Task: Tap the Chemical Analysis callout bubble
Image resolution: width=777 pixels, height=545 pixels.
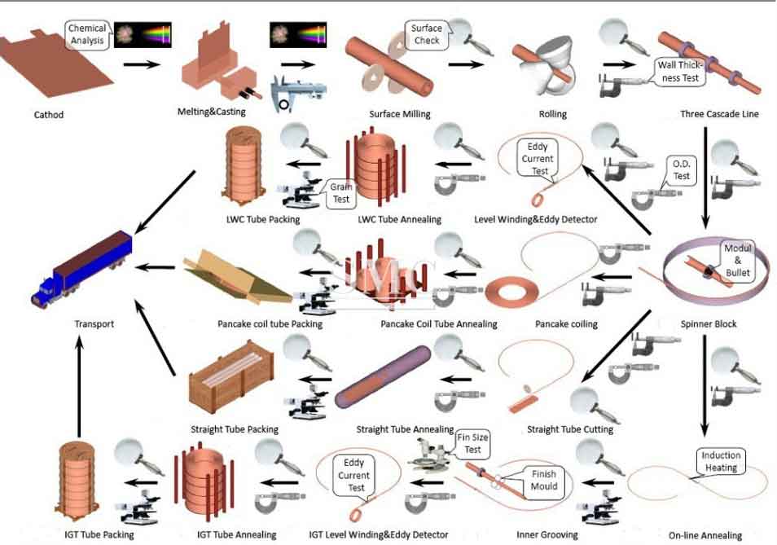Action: [87, 34]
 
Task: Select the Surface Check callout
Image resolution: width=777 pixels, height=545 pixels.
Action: [426, 34]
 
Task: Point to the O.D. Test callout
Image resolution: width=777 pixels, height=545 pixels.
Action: [681, 169]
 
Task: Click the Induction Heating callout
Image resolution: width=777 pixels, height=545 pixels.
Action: [721, 462]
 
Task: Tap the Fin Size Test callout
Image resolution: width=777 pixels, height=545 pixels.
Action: [473, 443]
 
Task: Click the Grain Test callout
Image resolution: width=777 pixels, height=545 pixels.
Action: [340, 192]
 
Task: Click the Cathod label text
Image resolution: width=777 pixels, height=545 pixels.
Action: [49, 115]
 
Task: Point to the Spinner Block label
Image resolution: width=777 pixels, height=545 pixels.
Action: [709, 324]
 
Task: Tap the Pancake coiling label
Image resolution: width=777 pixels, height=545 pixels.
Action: [566, 324]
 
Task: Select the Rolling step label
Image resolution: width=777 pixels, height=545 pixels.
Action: [553, 115]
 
